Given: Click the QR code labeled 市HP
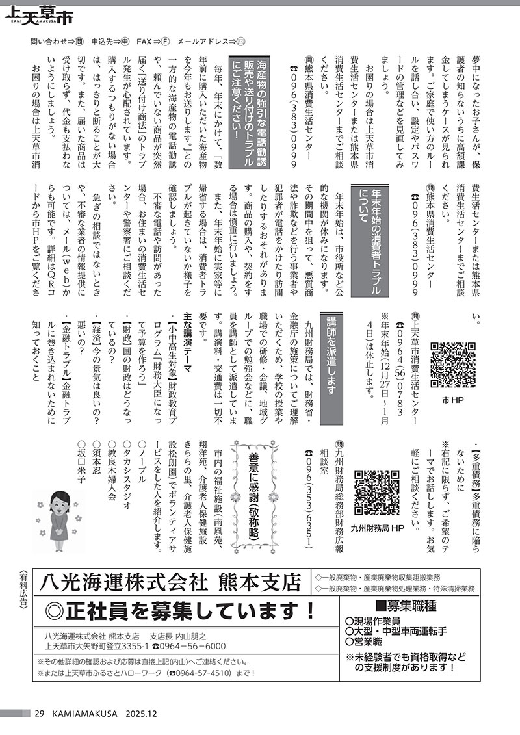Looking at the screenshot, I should click(452, 365).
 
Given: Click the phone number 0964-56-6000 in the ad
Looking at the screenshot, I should click(192, 647).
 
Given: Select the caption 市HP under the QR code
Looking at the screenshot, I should click(452, 398).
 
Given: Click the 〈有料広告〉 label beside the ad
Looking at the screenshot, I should click(23, 587).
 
